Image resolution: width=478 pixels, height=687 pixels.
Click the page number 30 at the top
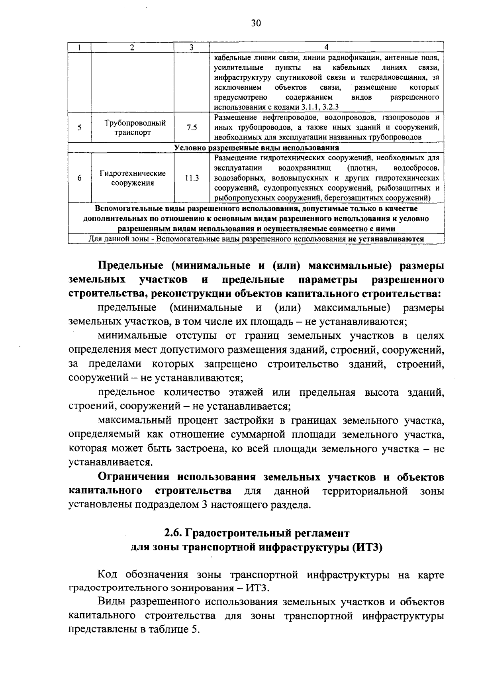pyautogui.click(x=256, y=24)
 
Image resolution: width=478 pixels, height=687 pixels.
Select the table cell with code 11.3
pyautogui.click(x=192, y=178)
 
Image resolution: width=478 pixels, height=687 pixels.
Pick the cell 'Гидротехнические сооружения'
pyautogui.click(x=133, y=178)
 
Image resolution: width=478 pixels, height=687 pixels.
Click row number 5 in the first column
pyautogui.click(x=80, y=128)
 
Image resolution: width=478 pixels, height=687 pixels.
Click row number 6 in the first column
pyautogui.click(x=80, y=178)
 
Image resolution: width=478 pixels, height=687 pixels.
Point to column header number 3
pyautogui.click(x=191, y=47)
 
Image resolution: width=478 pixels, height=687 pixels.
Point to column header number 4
pyautogui.click(x=326, y=47)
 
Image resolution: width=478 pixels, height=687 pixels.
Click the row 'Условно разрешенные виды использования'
pyautogui.click(x=256, y=148)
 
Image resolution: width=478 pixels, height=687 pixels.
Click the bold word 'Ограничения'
pyautogui.click(x=133, y=477)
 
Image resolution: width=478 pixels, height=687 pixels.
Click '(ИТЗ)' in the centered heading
pyautogui.click(x=367, y=547)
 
